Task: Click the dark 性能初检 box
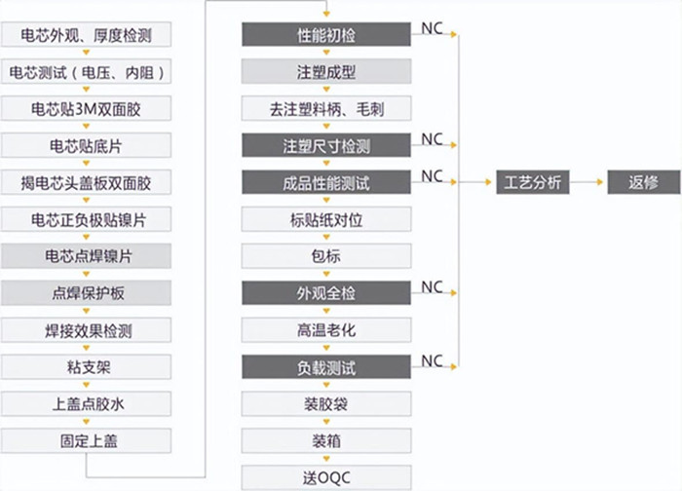(326, 36)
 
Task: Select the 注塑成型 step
(326, 72)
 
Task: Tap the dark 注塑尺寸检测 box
(326, 146)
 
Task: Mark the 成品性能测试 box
(326, 182)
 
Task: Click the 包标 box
(326, 256)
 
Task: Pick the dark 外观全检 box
(326, 293)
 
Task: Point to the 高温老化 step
(326, 330)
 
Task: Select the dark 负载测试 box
(326, 367)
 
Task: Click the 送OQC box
(326, 477)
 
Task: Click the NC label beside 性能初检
(433, 29)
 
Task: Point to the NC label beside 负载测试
(433, 360)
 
